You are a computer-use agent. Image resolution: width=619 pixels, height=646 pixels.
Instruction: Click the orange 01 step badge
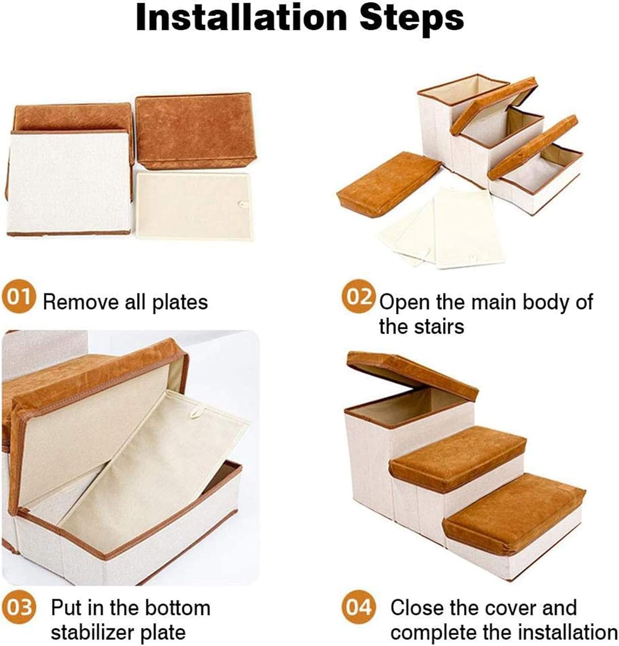(x=18, y=298)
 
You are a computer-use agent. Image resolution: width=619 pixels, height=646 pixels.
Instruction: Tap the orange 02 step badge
(x=357, y=297)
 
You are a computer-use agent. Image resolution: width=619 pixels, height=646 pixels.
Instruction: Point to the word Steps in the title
(x=412, y=18)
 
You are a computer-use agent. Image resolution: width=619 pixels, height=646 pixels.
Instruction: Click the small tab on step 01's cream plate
(x=243, y=205)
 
